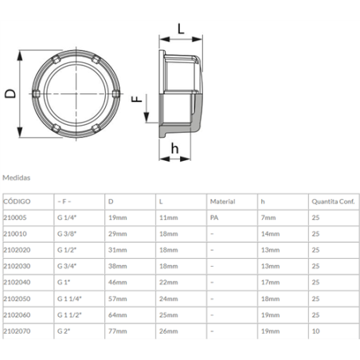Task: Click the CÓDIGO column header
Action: point(17,202)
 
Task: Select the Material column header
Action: point(222,202)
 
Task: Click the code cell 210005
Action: point(15,217)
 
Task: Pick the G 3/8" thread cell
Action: point(68,234)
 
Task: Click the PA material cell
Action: point(213,217)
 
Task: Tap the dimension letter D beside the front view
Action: point(10,94)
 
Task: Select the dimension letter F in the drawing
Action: point(136,99)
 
